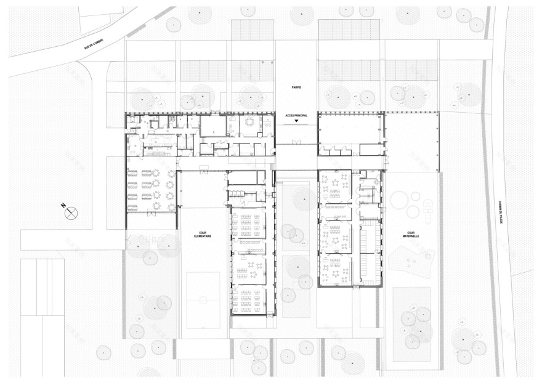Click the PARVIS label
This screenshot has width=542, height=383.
296,88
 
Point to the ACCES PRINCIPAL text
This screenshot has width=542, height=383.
296,115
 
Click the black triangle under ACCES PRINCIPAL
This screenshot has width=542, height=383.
296,122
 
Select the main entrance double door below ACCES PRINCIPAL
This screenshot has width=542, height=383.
296,143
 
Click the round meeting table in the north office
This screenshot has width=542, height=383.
249,122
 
